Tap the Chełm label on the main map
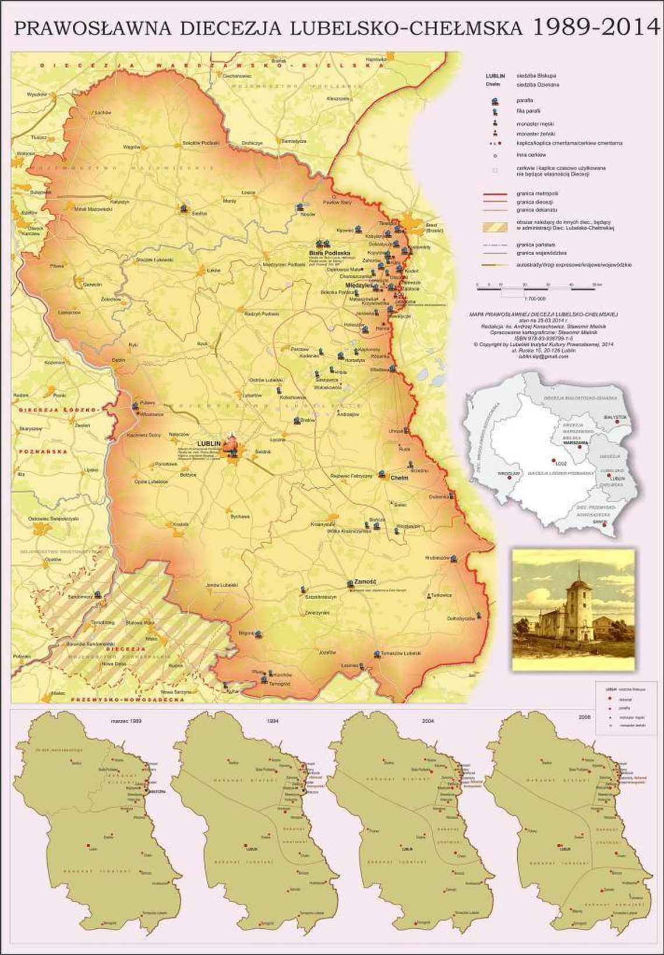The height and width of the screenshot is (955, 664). pyautogui.click(x=399, y=478)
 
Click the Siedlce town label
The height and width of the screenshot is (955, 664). pyautogui.click(x=199, y=214)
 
